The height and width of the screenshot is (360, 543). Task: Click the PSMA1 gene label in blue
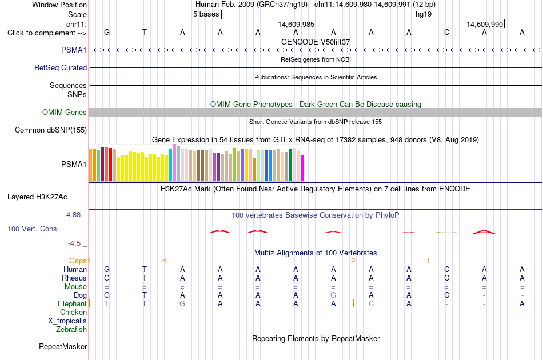74,50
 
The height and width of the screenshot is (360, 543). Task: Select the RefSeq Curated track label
61,67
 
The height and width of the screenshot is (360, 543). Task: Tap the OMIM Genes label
65,112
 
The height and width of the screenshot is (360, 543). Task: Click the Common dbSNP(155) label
51,130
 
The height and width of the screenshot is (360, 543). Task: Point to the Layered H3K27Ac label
37,197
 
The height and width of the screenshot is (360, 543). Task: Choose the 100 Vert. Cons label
32,229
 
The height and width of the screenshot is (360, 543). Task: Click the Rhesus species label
74,278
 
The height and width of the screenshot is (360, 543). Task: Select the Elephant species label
72,303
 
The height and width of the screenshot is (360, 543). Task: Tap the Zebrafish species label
71,329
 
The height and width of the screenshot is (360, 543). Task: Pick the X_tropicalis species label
67,321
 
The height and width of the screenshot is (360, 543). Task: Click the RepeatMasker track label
63,346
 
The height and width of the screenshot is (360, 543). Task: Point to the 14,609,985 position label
296,24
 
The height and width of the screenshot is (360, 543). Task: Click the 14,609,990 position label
485,24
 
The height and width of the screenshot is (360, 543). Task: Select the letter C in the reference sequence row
447,32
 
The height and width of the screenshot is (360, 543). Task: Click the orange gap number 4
164,261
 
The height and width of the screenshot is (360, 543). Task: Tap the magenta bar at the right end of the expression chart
303,168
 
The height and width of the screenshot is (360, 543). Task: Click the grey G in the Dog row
333,295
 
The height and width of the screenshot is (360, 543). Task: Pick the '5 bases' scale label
206,14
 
